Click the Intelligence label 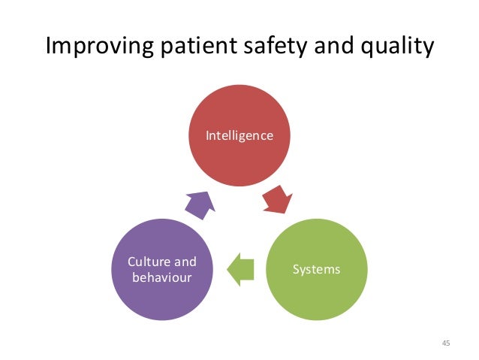tap(240, 136)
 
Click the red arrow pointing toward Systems tap(278, 198)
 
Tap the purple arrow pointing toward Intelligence tap(199, 203)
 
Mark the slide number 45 tap(446, 343)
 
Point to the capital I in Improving tap(50, 47)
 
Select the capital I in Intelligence tap(209, 136)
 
